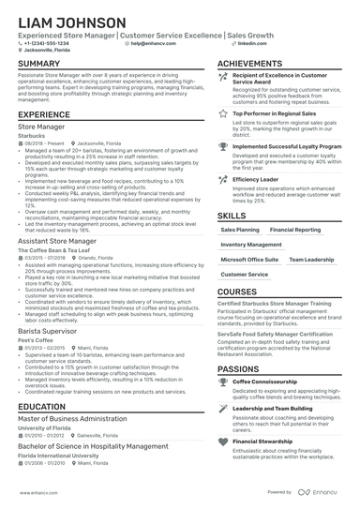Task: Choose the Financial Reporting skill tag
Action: pyautogui.click(x=294, y=229)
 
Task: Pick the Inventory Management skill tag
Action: pyautogui.click(x=251, y=244)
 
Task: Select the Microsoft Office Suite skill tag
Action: pyautogui.click(x=248, y=259)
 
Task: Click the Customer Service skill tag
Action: pyautogui.click(x=244, y=274)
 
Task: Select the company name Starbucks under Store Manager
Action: pyautogui.click(x=35, y=132)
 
